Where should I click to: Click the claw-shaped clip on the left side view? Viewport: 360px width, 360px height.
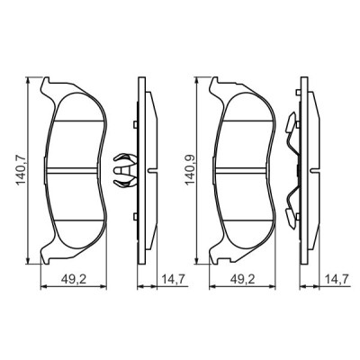127,168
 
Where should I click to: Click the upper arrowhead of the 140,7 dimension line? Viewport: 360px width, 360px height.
31,78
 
